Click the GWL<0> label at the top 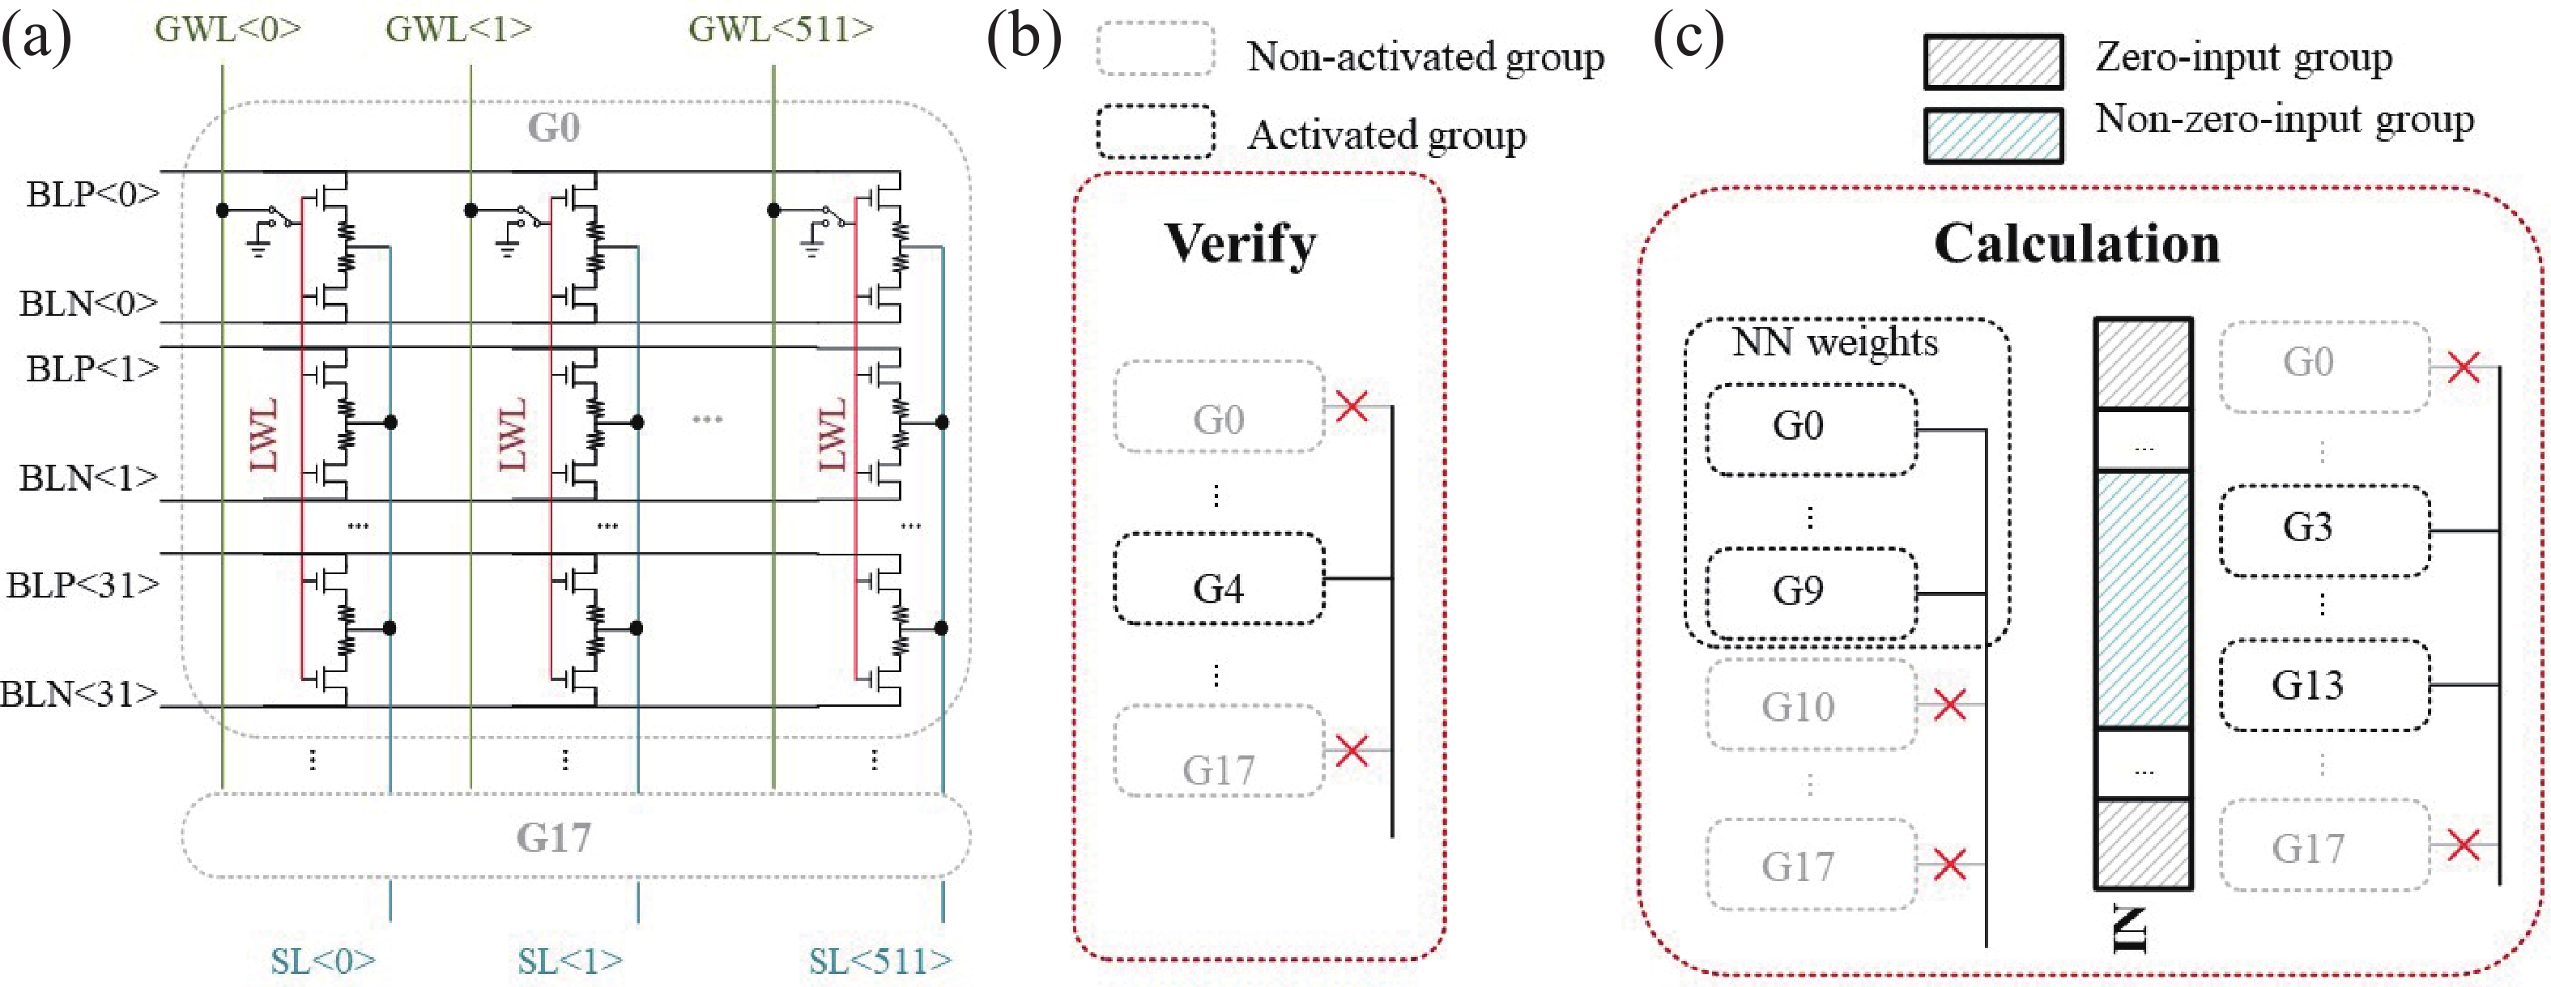pyautogui.click(x=228, y=28)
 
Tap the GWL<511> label pyautogui.click(x=781, y=28)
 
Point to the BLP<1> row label pyautogui.click(x=92, y=368)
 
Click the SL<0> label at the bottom pyautogui.click(x=323, y=960)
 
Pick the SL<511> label pyautogui.click(x=879, y=960)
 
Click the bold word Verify pyautogui.click(x=1240, y=244)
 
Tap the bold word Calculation pyautogui.click(x=2076, y=244)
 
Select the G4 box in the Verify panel pyautogui.click(x=1219, y=579)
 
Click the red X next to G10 pyautogui.click(x=1949, y=705)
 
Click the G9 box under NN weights pyautogui.click(x=1812, y=592)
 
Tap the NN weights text pyautogui.click(x=1834, y=342)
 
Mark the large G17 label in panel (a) pyautogui.click(x=554, y=837)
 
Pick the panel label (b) pyautogui.click(x=1023, y=37)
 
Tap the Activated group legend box pyautogui.click(x=1155, y=132)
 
